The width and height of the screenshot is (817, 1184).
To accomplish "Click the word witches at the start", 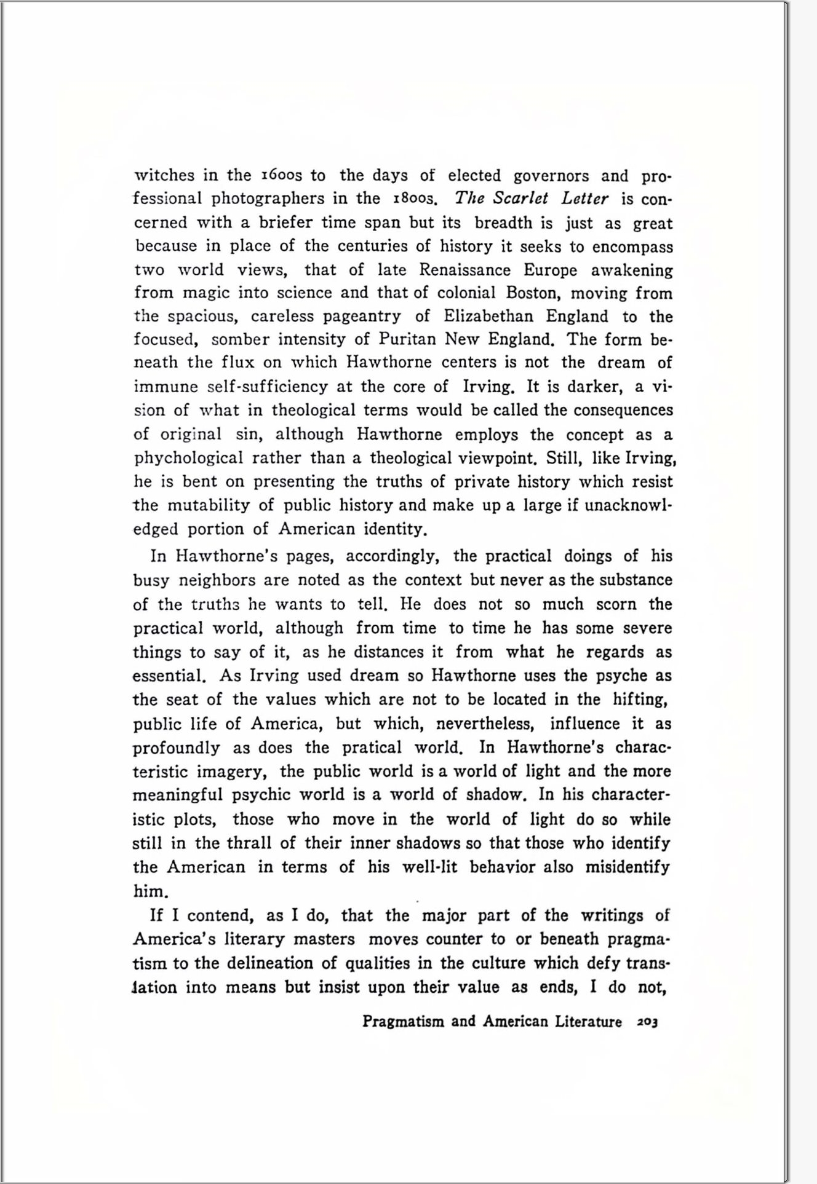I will click(x=164, y=175).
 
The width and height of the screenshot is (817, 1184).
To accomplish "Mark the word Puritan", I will click(x=407, y=339).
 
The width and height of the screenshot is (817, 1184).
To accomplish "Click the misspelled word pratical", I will click(x=372, y=748).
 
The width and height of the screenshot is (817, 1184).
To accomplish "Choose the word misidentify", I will click(x=627, y=867).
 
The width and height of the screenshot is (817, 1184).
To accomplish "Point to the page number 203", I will click(x=647, y=1022).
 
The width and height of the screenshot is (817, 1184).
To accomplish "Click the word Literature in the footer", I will click(x=588, y=1022).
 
